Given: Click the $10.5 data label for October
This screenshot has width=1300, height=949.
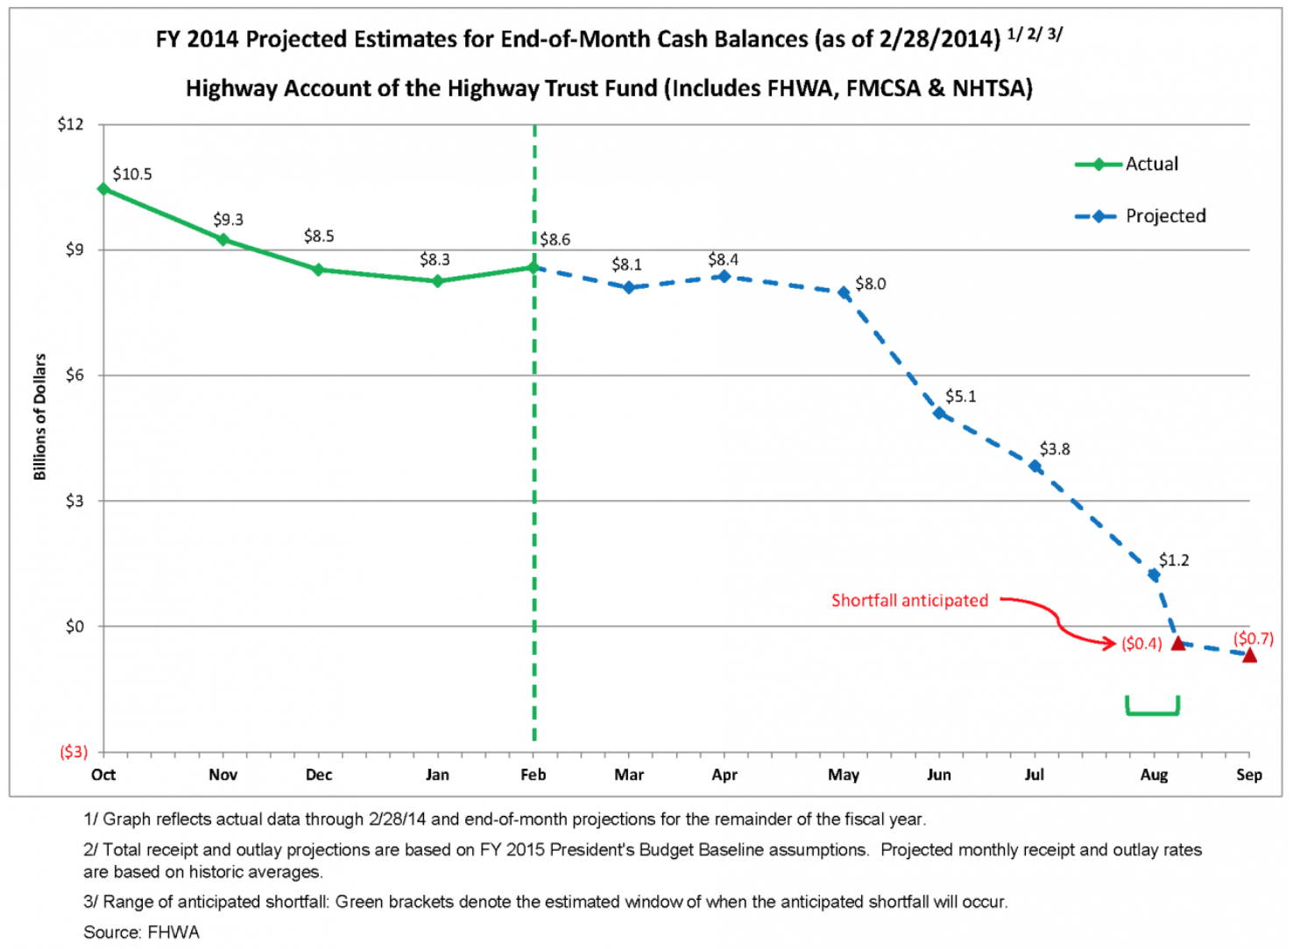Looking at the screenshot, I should click(x=132, y=174).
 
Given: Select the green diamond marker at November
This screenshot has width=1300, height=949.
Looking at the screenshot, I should click(x=223, y=239).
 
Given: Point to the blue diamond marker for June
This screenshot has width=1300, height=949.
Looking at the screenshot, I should click(x=939, y=412).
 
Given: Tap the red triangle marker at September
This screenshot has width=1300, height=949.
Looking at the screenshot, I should click(x=1249, y=655).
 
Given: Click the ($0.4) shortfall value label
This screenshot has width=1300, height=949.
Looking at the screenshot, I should click(x=1141, y=643).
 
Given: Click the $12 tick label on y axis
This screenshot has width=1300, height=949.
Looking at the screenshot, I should click(x=71, y=124).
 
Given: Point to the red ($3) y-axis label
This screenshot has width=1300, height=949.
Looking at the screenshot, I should click(x=74, y=752).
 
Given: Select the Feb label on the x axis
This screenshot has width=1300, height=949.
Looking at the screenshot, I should click(x=533, y=775).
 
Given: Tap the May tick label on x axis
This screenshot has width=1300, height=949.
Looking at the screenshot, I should click(x=844, y=775).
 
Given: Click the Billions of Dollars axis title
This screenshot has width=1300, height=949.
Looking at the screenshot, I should click(x=39, y=417).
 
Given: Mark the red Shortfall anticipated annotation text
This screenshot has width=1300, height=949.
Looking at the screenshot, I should click(x=909, y=601).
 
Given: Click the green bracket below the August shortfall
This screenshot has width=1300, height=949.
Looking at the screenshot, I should click(x=1153, y=711).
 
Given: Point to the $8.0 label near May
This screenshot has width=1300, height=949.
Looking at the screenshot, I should click(x=871, y=284).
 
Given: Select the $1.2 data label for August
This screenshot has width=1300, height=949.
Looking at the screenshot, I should click(x=1174, y=560).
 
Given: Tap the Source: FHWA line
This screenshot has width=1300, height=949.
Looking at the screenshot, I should click(x=141, y=932).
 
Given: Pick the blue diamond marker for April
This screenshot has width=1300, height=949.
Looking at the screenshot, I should click(x=724, y=277).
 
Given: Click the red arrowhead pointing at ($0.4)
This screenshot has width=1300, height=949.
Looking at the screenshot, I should click(x=1112, y=643).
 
